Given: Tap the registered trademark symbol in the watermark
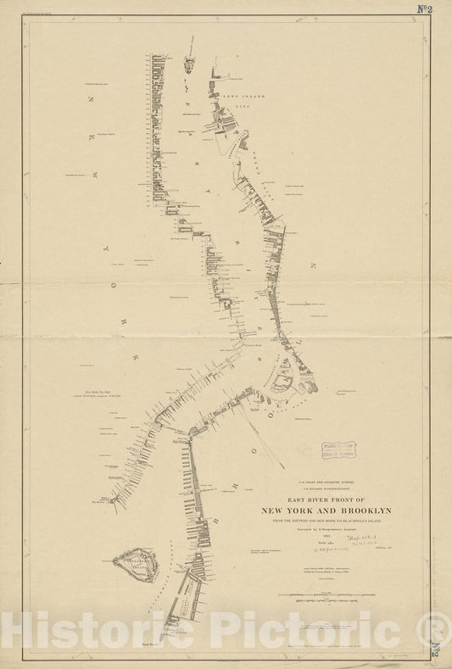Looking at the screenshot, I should pos(437,628).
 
